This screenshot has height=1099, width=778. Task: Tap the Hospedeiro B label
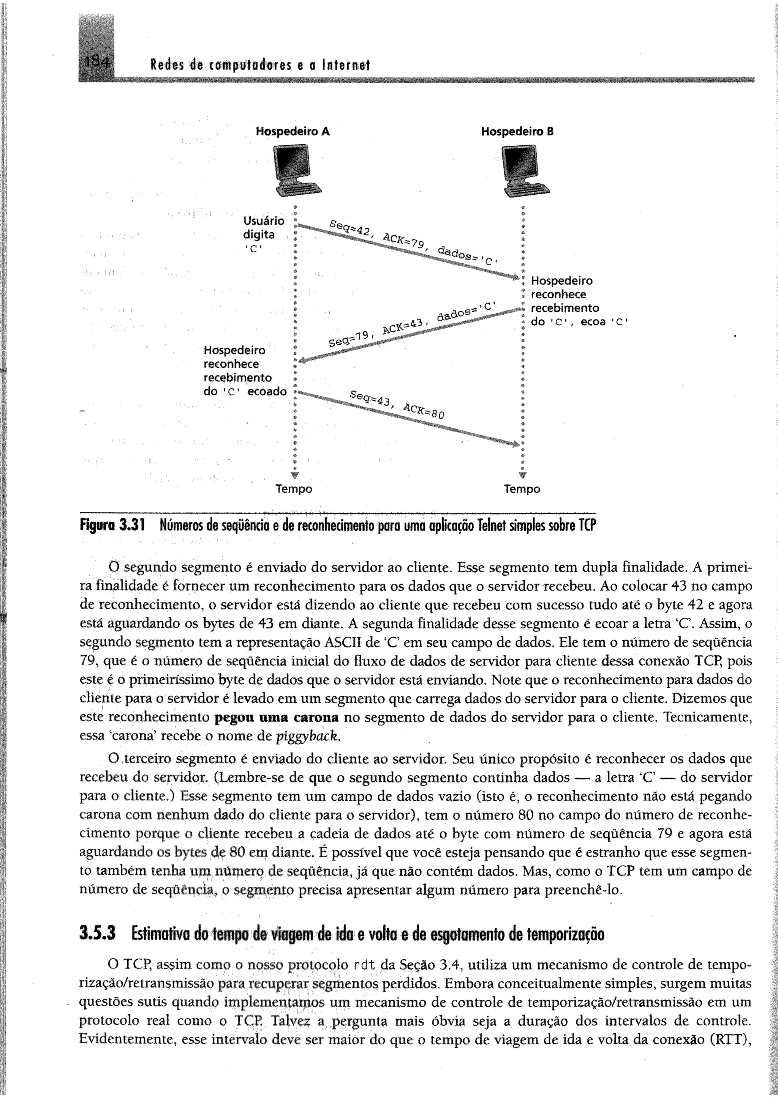pyautogui.click(x=517, y=131)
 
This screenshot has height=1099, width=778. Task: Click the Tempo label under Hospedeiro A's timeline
pyautogui.click(x=294, y=489)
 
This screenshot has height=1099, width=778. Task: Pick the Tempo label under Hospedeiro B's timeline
pyautogui.click(x=522, y=489)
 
